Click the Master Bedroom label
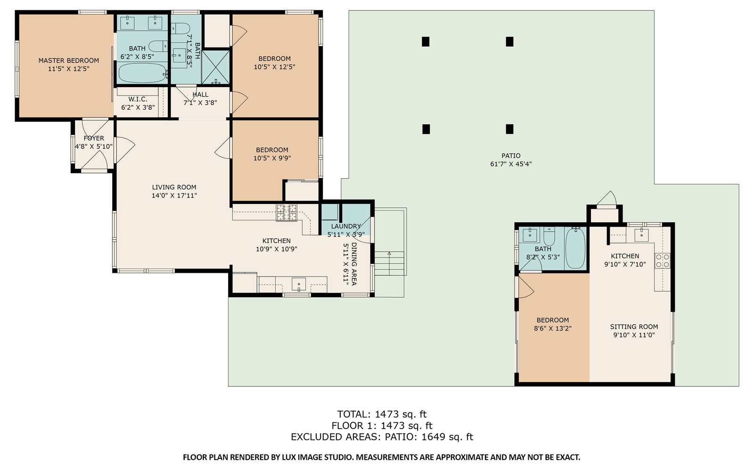(x=69, y=61)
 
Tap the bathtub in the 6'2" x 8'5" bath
(x=142, y=73)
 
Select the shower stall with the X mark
(x=215, y=67)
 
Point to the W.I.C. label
(x=138, y=99)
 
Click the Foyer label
(x=94, y=138)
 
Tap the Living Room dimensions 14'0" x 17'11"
(x=174, y=195)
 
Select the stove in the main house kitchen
(x=287, y=212)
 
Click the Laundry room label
(x=346, y=226)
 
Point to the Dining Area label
(x=354, y=264)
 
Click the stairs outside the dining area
(x=389, y=263)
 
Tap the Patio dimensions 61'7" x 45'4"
(x=511, y=164)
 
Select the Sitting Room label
(x=634, y=326)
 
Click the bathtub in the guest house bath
(x=575, y=248)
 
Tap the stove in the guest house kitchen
(x=662, y=260)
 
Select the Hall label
(x=200, y=95)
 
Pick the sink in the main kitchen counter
(x=299, y=284)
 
